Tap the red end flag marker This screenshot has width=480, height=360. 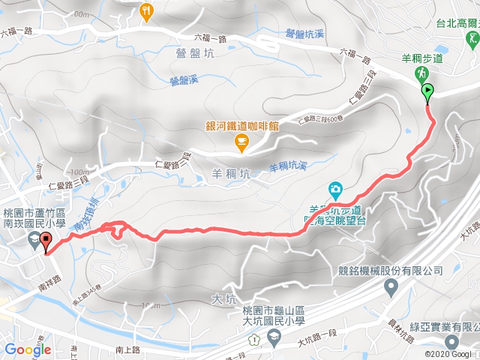coord(46,242)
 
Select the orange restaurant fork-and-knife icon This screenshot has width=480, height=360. coord(146,11)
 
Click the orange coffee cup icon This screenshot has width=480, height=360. coord(240,140)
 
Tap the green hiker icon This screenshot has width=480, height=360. coord(421,73)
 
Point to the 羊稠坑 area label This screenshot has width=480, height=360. coord(226,174)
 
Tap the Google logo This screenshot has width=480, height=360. coord(27,349)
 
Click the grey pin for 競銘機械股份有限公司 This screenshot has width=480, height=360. coord(391,286)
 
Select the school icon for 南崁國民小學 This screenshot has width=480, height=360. coord(33,240)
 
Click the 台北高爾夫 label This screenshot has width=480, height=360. coord(457,22)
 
